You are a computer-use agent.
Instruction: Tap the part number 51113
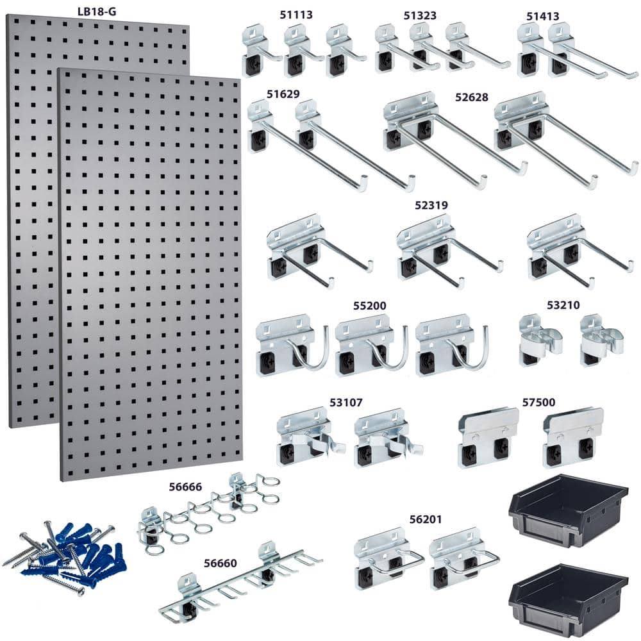coord(296,15)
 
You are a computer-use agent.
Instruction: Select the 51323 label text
coord(421,15)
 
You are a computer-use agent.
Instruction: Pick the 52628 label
coord(472,97)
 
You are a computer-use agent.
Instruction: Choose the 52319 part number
coord(431,205)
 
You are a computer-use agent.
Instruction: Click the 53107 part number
coord(346,403)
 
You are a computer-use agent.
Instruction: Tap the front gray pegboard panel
coord(151,276)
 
